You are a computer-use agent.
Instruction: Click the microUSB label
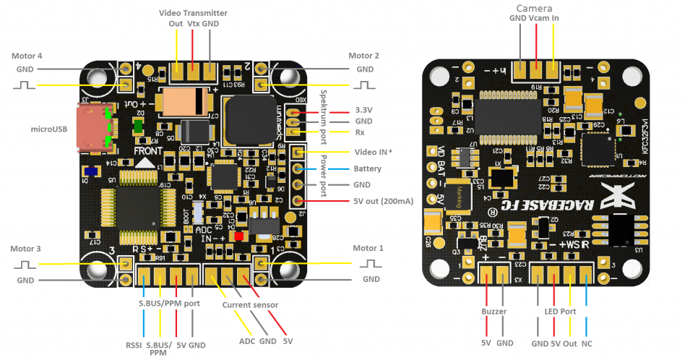[x=49, y=129]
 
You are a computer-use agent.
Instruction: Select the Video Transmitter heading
[x=193, y=13]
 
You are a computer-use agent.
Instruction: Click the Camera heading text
[x=535, y=8]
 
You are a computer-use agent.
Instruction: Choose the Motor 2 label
[x=363, y=56]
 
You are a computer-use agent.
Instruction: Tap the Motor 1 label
[x=369, y=249]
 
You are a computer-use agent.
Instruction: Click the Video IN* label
[x=374, y=153]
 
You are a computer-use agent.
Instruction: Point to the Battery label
[x=369, y=168]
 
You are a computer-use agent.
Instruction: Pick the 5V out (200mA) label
[x=383, y=201]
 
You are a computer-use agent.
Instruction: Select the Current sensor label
[x=250, y=305]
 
